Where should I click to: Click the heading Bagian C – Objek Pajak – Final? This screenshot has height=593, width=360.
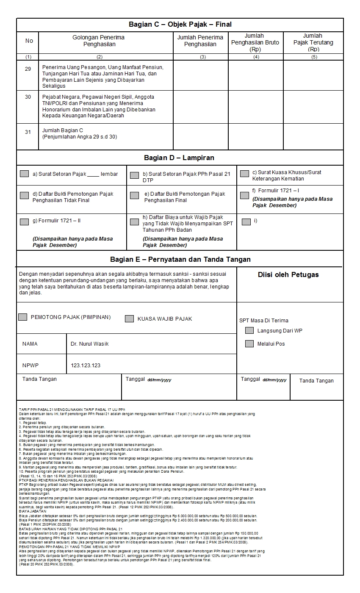(x=180, y=25)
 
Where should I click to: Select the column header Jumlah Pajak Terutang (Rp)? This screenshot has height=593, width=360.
(x=313, y=42)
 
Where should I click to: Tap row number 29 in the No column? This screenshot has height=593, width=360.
(x=28, y=69)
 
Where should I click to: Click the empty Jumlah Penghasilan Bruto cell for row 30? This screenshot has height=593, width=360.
(x=256, y=106)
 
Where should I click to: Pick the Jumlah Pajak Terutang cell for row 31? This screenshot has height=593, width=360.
(x=313, y=136)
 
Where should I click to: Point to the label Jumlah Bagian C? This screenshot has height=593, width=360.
(x=60, y=130)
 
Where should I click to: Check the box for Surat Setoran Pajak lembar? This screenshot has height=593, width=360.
(x=25, y=174)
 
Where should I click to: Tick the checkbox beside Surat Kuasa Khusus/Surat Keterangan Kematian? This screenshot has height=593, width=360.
(x=244, y=174)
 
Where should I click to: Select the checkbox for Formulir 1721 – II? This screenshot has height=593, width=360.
(x=25, y=221)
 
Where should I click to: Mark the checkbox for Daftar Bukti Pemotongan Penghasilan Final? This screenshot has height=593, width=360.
(x=134, y=195)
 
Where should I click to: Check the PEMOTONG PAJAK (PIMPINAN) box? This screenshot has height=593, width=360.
(x=23, y=317)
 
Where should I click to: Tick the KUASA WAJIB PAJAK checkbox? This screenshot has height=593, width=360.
(x=130, y=319)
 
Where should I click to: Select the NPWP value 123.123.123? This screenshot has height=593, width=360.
(x=86, y=365)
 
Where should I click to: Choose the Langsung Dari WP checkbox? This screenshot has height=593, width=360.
(x=249, y=330)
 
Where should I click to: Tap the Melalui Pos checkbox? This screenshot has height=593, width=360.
(x=249, y=344)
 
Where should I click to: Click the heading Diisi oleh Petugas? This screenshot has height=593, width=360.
(x=288, y=274)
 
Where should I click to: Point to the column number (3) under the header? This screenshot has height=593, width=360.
(x=202, y=57)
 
